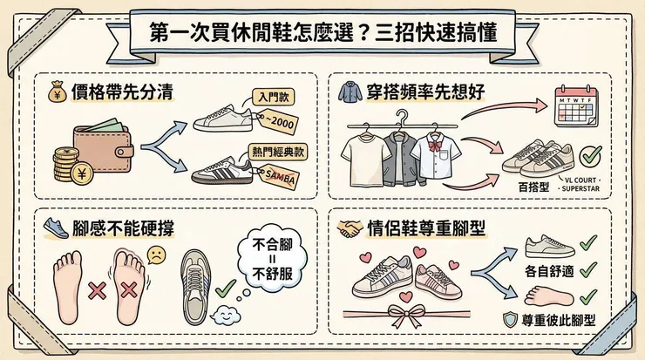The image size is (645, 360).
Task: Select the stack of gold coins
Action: (x=64, y=165)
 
